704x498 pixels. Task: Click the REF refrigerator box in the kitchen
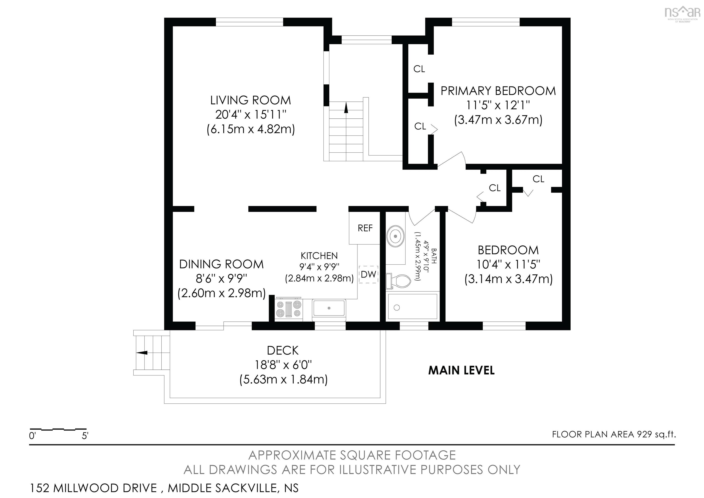[x=365, y=228]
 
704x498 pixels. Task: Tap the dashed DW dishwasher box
[x=368, y=274]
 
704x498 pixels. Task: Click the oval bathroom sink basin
[x=396, y=236]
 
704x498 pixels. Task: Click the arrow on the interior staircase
[x=346, y=108]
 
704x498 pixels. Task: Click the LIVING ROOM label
[x=250, y=100]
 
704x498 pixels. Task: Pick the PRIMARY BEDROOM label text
[x=498, y=91]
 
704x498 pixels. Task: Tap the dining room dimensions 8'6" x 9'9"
[x=221, y=278]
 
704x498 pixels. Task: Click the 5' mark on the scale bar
[x=85, y=436]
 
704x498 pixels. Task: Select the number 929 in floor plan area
[x=644, y=434]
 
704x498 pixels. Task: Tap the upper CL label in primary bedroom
[x=419, y=69]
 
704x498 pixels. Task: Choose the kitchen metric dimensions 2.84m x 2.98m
[x=319, y=278]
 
